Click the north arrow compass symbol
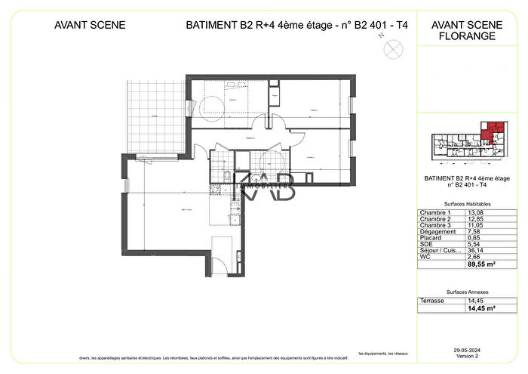391,48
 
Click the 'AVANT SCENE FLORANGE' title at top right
463,29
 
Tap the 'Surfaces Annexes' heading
463,292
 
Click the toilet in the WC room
226,178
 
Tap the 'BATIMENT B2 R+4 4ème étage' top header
296,25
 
